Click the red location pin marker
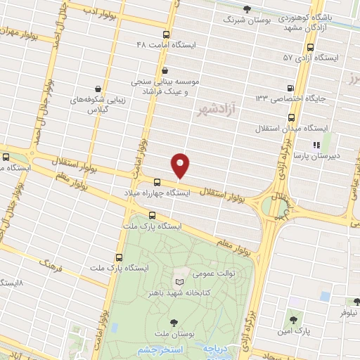pos(181,165)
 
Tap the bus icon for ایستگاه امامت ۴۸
pos(166,34)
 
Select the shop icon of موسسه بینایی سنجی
pos(165,70)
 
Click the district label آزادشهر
pos(214,110)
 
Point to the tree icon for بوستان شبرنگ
pos(246,9)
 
